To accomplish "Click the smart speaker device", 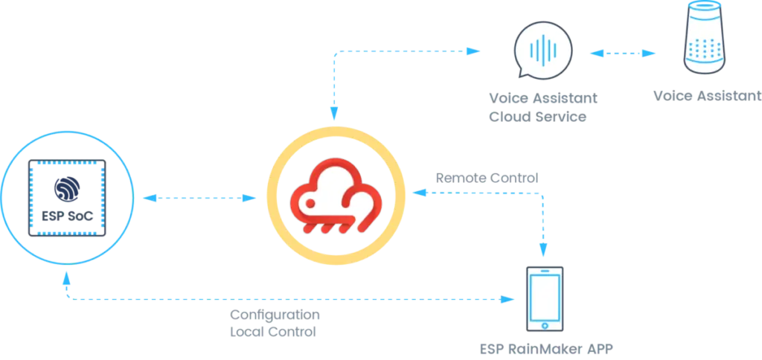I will click(x=703, y=39).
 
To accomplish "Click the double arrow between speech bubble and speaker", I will click(x=623, y=54).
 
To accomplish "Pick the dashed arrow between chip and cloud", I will click(x=198, y=199).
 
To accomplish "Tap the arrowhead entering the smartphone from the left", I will click(x=509, y=300).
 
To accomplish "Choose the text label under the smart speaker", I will click(x=704, y=95).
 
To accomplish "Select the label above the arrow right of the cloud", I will click(x=487, y=178).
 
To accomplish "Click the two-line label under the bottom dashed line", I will click(x=275, y=324).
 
